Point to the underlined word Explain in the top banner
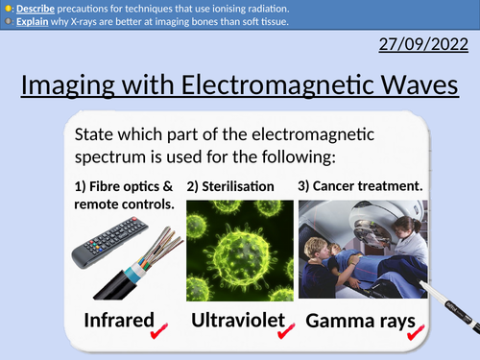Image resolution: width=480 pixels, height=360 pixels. [x=32, y=20]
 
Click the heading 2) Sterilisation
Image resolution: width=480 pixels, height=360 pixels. [x=230, y=185]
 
